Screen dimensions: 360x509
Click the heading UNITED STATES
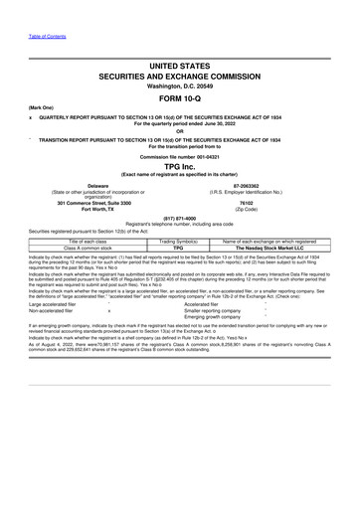tap(179, 62)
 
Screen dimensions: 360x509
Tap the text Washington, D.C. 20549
tap(179, 85)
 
